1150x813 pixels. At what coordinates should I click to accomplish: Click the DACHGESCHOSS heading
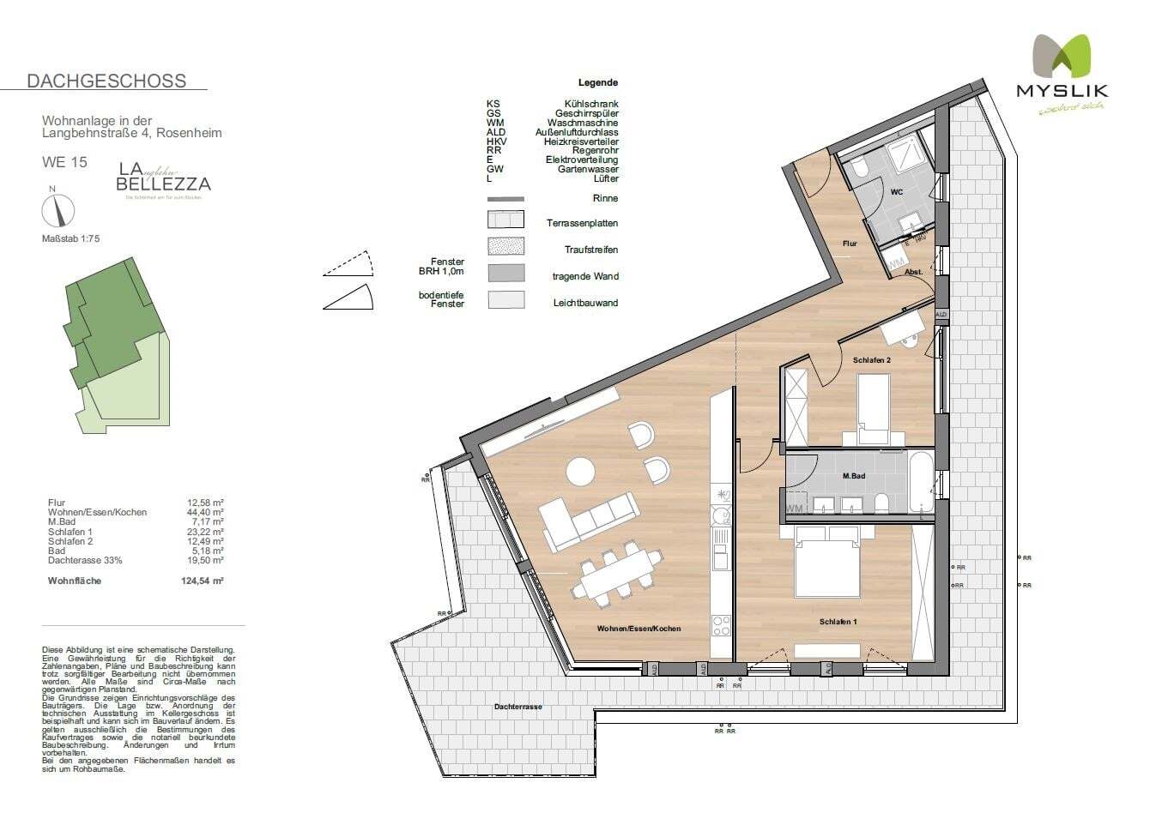click(x=106, y=81)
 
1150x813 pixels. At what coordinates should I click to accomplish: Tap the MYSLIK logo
click(x=1062, y=73)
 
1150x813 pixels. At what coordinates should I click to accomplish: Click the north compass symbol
click(x=58, y=209)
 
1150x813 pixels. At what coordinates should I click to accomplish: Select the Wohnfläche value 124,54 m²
click(x=206, y=581)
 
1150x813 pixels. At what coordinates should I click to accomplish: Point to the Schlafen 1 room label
click(x=838, y=622)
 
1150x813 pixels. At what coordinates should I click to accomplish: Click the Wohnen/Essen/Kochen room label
click(x=639, y=629)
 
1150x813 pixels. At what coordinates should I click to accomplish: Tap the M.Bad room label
click(x=852, y=476)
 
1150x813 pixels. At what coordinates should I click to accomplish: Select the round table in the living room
click(x=580, y=472)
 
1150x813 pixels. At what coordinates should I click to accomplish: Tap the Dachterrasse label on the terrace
click(x=517, y=708)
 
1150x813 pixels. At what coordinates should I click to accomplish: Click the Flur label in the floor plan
click(x=849, y=244)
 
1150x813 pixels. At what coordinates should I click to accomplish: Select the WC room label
click(x=896, y=192)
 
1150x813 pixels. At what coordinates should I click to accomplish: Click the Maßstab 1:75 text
click(x=71, y=239)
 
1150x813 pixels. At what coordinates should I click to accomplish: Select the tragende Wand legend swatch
click(x=505, y=274)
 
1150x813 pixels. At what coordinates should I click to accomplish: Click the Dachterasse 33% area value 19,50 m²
click(x=206, y=560)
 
